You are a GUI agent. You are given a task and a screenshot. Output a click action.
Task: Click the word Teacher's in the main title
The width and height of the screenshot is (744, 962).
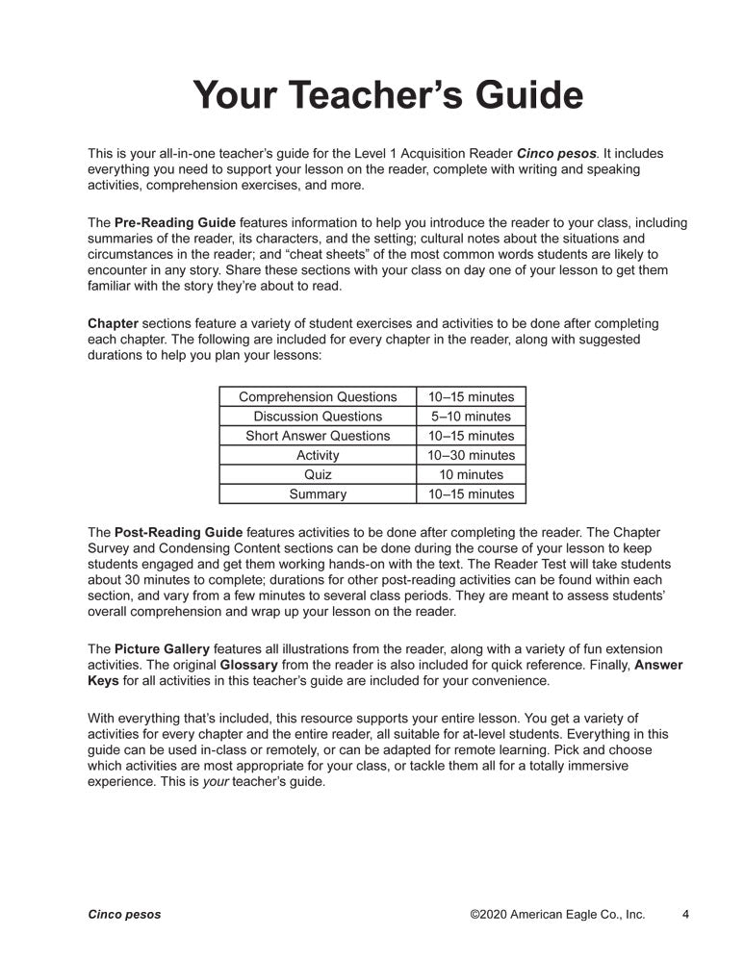[384, 96]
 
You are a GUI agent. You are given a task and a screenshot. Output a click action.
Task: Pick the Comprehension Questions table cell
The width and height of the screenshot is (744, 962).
[318, 396]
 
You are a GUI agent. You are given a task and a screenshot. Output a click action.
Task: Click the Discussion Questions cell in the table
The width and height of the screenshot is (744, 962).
[318, 417]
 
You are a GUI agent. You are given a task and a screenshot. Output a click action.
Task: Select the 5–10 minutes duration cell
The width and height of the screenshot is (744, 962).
[472, 417]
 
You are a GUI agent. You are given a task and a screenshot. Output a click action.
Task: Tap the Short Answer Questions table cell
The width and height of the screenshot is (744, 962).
[318, 436]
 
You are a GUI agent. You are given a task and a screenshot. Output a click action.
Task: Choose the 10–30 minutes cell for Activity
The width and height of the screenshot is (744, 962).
[472, 455]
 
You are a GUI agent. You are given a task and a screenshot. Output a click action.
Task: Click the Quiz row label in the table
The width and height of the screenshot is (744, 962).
[318, 474]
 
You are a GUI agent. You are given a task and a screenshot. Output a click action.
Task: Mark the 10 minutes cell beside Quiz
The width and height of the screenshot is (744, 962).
[472, 474]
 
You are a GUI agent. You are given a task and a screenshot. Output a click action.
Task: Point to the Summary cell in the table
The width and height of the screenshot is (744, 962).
[318, 494]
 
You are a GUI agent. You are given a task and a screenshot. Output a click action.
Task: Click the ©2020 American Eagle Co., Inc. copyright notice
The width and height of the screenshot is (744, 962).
[557, 915]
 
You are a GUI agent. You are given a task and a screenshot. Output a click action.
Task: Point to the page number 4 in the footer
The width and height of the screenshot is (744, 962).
[684, 915]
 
